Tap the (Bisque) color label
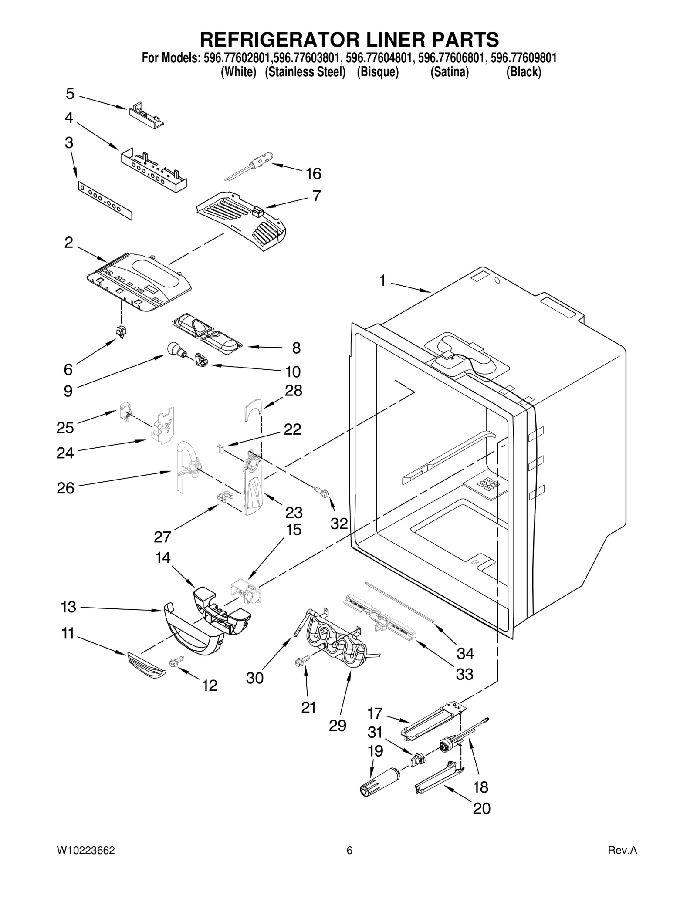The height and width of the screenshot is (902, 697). (378, 72)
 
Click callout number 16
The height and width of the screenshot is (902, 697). (313, 174)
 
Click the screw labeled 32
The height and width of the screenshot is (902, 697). (322, 493)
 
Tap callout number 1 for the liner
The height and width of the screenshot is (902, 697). (382, 281)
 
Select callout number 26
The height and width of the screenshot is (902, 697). (65, 488)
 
